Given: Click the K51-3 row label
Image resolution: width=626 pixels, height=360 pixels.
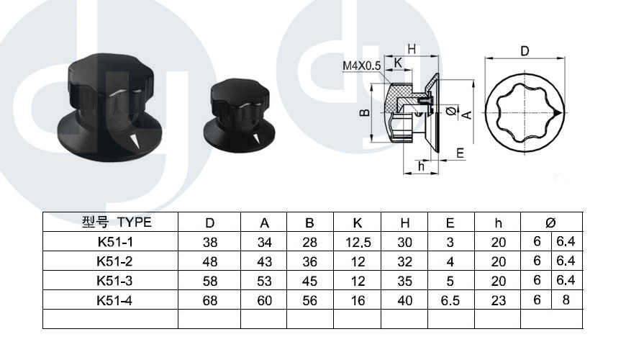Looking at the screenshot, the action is (114, 281).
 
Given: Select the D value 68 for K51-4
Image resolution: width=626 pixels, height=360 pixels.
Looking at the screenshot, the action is (210, 300).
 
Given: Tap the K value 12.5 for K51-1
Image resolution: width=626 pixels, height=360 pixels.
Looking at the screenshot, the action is (358, 242).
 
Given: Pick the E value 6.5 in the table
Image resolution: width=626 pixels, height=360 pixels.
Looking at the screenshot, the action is (450, 300).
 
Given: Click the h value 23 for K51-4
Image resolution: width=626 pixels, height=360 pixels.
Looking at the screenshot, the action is (499, 300).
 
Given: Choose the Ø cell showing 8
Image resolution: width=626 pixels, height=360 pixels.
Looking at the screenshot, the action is (566, 300).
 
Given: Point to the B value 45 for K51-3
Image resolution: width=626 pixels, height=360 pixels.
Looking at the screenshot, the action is (310, 281).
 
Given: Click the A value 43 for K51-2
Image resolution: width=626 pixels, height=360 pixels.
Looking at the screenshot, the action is (264, 261).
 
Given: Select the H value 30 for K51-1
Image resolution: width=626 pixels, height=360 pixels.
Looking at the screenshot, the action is (404, 242).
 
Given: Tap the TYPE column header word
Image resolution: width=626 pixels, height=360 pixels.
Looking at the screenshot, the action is (135, 222).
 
